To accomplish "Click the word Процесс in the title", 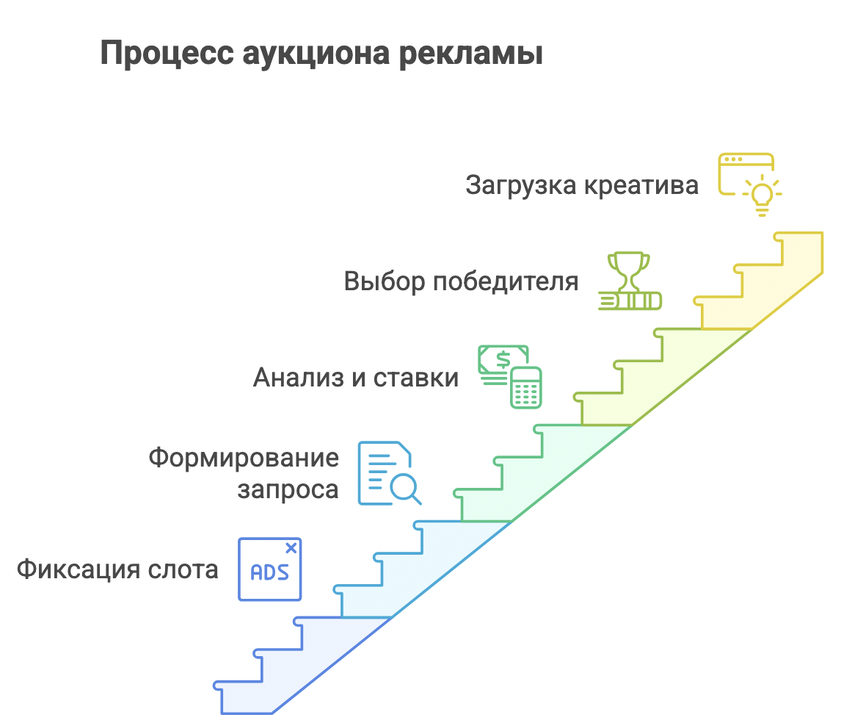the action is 167,54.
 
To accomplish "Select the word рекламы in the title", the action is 471,54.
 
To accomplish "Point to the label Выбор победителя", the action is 462,281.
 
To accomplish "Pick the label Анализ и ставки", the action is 356,377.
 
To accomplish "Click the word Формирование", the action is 244,458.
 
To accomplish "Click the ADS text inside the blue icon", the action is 270,572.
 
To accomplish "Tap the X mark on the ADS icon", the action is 291,548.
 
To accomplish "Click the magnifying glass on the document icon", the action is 406,489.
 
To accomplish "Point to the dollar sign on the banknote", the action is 503,359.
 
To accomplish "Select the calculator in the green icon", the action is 525,387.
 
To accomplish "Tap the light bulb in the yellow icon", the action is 762,195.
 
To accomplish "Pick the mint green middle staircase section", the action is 542,473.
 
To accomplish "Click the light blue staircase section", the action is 421,569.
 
